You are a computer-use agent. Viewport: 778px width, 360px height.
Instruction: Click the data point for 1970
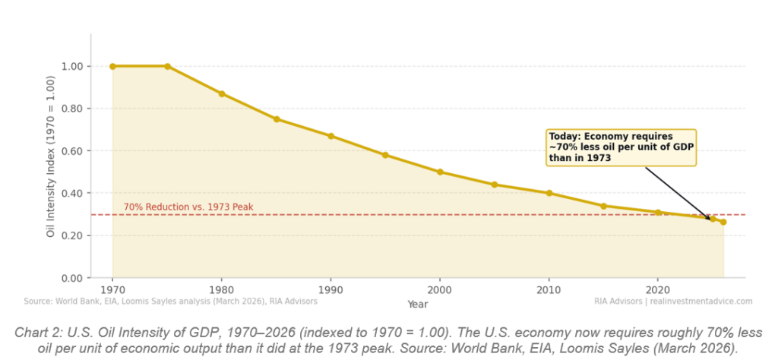tap(112, 66)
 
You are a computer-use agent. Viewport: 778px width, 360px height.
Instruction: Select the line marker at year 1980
tap(222, 93)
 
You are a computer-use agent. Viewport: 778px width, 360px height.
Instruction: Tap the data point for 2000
tap(440, 172)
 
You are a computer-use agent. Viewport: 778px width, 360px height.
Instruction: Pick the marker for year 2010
tap(549, 193)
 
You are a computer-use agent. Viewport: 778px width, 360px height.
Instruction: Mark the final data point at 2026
tap(723, 223)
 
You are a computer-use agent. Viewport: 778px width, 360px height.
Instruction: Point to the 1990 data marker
tap(330, 136)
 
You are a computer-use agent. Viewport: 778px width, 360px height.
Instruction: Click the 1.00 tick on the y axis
tap(73, 66)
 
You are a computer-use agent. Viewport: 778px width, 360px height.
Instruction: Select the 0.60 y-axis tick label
tap(73, 151)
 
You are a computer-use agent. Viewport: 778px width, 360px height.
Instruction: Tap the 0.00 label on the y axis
tap(73, 278)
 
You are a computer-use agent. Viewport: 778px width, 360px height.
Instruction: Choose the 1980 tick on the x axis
tap(222, 290)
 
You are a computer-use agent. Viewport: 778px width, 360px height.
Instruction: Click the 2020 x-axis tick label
tap(658, 290)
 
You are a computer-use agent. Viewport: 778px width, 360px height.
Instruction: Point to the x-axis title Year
tap(417, 304)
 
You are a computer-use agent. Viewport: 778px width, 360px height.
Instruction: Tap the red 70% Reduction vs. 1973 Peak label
tap(188, 207)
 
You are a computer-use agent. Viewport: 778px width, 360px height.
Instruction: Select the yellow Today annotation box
tap(620, 147)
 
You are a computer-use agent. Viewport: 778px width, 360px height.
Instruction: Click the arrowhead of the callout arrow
tap(711, 219)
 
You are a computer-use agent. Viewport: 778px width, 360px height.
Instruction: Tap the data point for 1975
tap(167, 66)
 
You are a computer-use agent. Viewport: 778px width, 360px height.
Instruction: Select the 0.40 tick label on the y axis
tap(73, 193)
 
